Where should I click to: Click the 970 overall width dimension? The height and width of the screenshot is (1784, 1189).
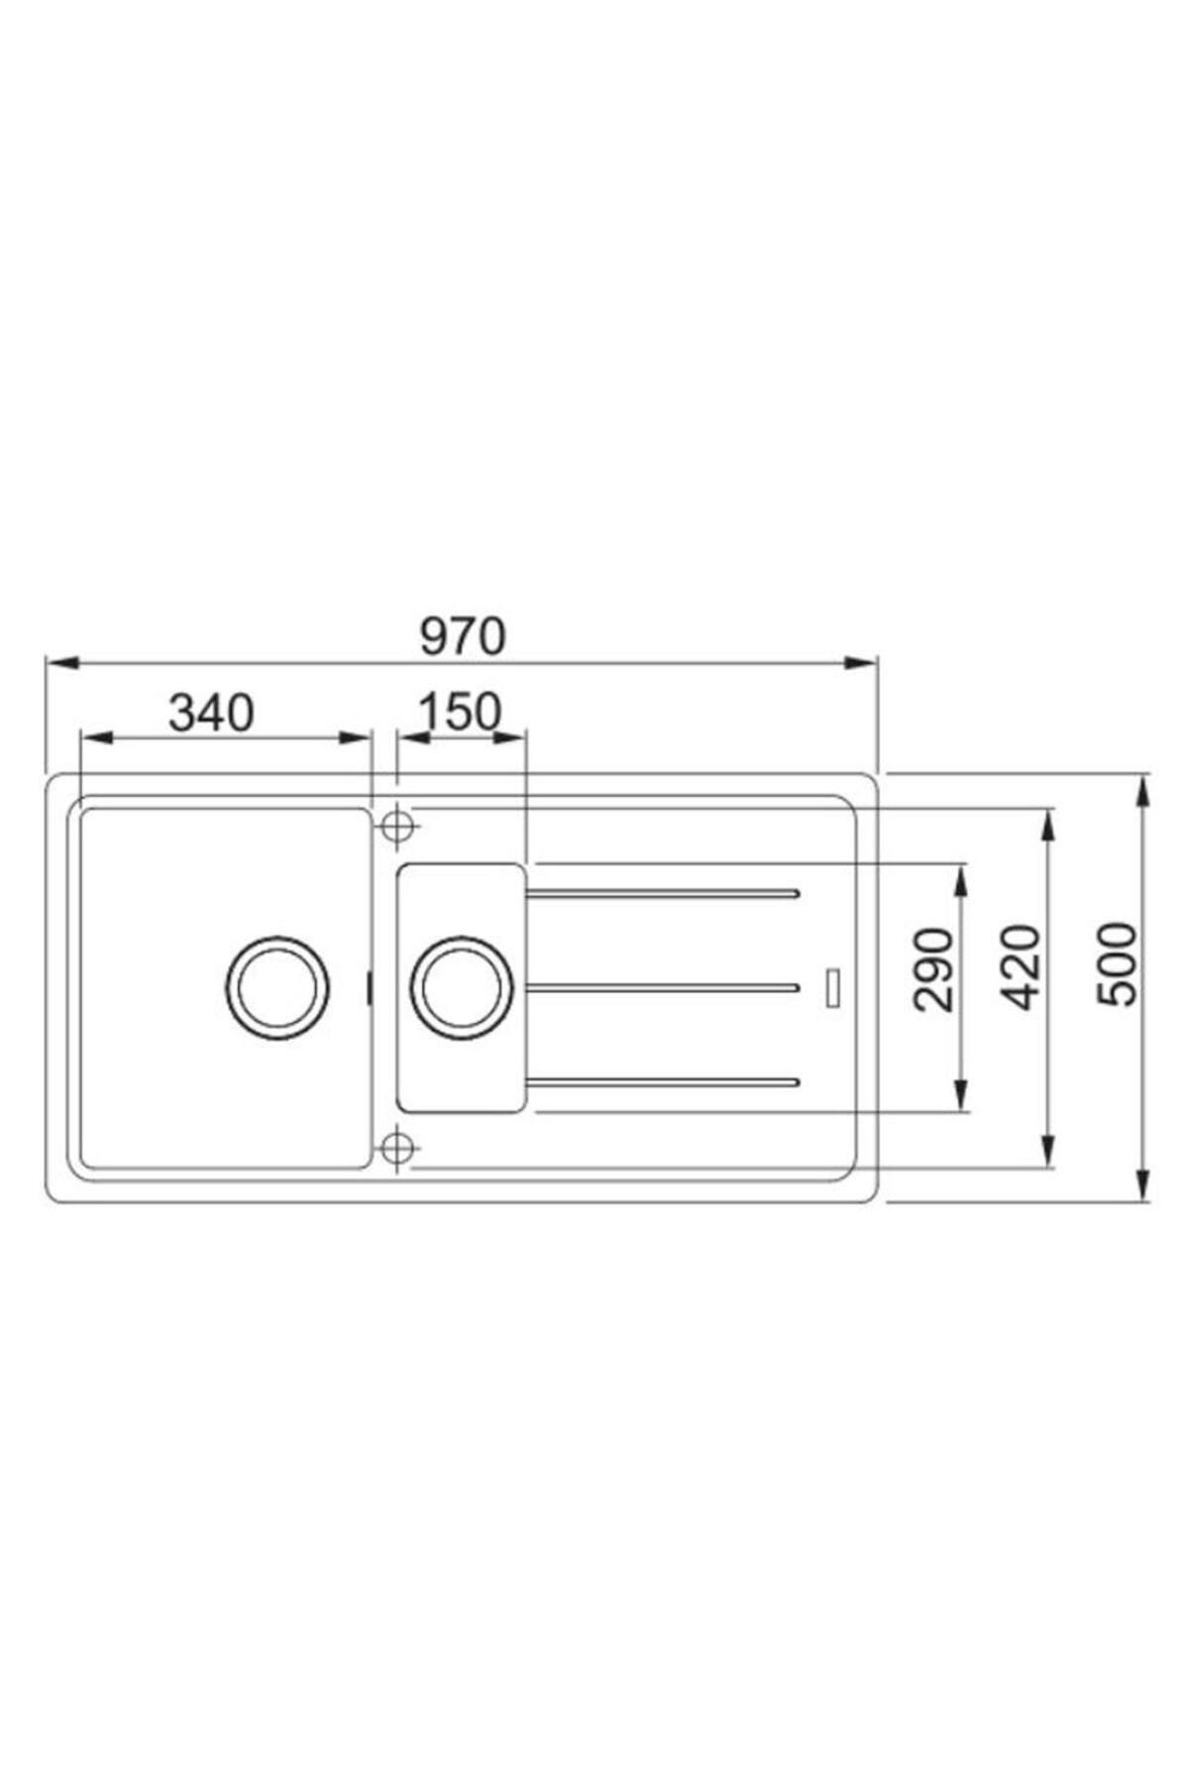click(463, 637)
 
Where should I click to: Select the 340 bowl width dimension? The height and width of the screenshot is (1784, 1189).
click(211, 713)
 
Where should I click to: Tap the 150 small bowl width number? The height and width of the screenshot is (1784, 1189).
click(460, 713)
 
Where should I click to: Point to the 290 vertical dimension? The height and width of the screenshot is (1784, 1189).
click(932, 969)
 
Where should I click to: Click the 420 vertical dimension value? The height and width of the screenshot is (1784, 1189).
click(1020, 966)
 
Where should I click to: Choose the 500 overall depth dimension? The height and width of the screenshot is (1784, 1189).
click(1118, 964)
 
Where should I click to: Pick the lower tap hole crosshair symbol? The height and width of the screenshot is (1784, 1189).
click(396, 1148)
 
